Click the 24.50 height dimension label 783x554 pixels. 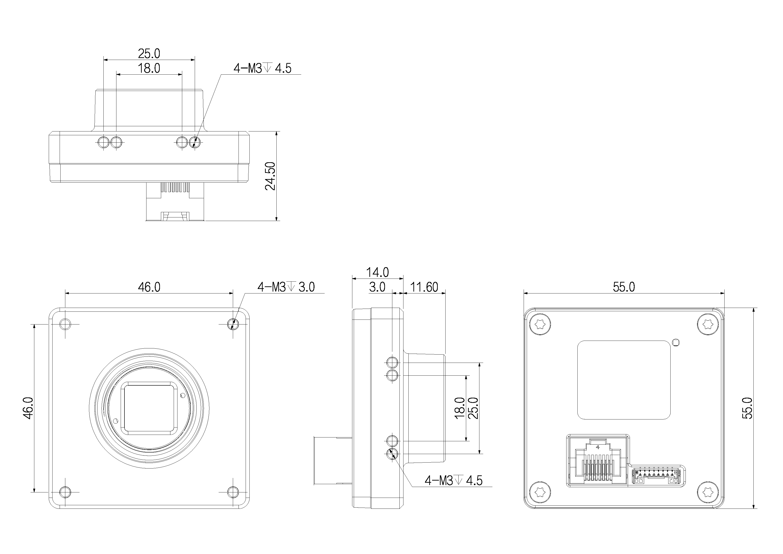click(x=270, y=176)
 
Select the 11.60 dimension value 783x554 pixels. click(x=424, y=287)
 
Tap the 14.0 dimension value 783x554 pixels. click(x=377, y=272)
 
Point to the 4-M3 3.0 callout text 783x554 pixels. click(x=286, y=287)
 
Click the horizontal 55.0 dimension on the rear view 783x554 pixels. click(x=624, y=287)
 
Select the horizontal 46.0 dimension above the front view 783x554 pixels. click(x=149, y=287)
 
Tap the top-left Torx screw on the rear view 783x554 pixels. click(x=540, y=324)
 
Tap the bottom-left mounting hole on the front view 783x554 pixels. click(x=65, y=492)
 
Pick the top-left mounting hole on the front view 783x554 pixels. click(x=65, y=324)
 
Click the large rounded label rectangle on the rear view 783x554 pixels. click(x=624, y=380)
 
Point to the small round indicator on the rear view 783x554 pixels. click(x=676, y=342)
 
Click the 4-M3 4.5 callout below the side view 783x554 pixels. click(x=453, y=481)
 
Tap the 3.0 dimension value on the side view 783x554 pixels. click(x=377, y=287)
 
